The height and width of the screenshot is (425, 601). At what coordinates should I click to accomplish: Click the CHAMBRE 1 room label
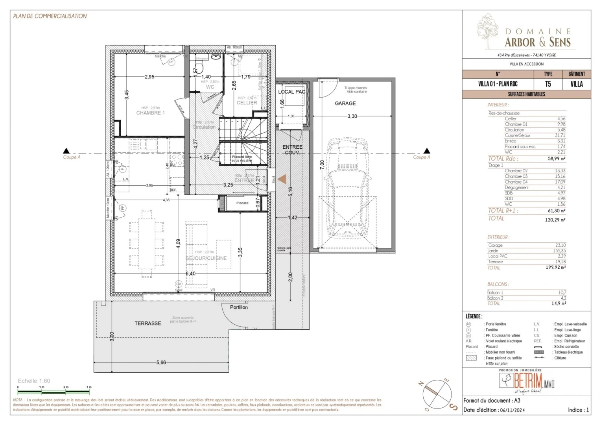point(150,113)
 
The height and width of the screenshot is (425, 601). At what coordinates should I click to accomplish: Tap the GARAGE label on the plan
point(345,103)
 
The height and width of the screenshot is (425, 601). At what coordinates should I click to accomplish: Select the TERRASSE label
point(148,323)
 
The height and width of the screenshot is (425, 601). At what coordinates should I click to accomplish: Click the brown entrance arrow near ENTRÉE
point(282,179)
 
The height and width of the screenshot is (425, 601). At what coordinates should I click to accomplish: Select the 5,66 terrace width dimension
point(161,362)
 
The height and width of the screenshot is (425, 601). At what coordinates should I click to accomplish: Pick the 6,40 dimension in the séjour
point(190,273)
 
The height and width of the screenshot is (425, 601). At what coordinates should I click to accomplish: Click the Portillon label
point(239,307)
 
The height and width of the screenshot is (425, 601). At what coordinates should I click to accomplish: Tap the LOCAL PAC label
point(291,92)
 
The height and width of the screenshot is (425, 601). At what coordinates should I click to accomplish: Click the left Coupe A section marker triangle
point(66,151)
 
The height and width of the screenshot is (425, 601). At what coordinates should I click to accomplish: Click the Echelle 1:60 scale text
point(34,381)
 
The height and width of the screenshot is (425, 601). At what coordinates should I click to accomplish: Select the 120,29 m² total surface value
point(555,220)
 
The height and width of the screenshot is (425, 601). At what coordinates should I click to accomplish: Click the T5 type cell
point(548,84)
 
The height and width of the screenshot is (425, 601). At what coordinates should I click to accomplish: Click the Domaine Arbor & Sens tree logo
point(487,31)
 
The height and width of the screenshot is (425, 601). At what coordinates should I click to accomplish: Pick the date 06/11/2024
point(512,410)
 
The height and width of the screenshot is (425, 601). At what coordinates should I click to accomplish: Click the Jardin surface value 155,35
point(559,251)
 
